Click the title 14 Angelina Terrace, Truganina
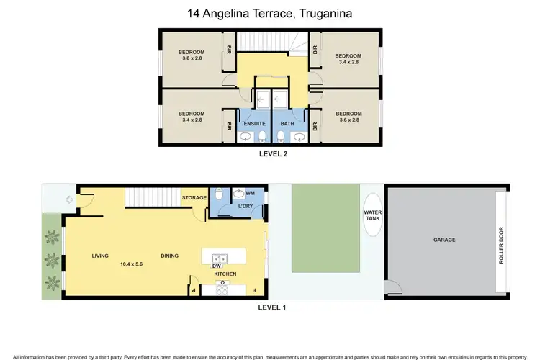click(x=270, y=13)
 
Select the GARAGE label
click(x=444, y=240)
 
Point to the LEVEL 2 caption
click(x=273, y=153)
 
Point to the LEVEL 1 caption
click(x=272, y=307)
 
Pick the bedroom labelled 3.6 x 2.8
click(x=348, y=117)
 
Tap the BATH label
click(x=287, y=123)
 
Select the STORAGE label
click(x=194, y=197)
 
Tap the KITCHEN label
click(x=225, y=274)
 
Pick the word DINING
click(x=171, y=256)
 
